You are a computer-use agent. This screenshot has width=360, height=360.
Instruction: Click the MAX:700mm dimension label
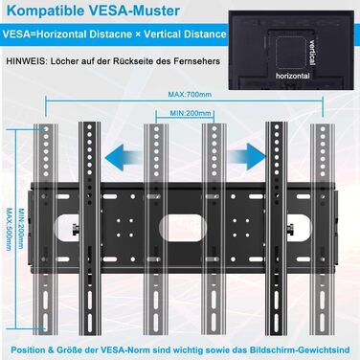point(190,95)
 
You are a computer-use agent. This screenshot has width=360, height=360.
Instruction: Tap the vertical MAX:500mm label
point(10,229)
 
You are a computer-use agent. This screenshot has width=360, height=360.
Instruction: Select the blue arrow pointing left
point(124,157)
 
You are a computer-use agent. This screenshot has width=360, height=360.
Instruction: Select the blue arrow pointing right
point(247,157)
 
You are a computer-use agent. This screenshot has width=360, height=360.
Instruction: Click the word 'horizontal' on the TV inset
point(293,76)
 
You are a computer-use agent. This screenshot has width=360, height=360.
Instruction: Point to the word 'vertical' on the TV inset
point(312,53)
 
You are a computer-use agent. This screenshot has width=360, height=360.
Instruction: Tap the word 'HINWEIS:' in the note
point(26,61)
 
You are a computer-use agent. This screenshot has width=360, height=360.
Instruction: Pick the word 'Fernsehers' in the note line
point(196,61)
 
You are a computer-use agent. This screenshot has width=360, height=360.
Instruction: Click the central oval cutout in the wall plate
point(183,228)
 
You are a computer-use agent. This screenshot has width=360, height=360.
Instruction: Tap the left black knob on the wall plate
point(75,229)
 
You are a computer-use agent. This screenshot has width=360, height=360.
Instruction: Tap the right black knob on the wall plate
point(291,229)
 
